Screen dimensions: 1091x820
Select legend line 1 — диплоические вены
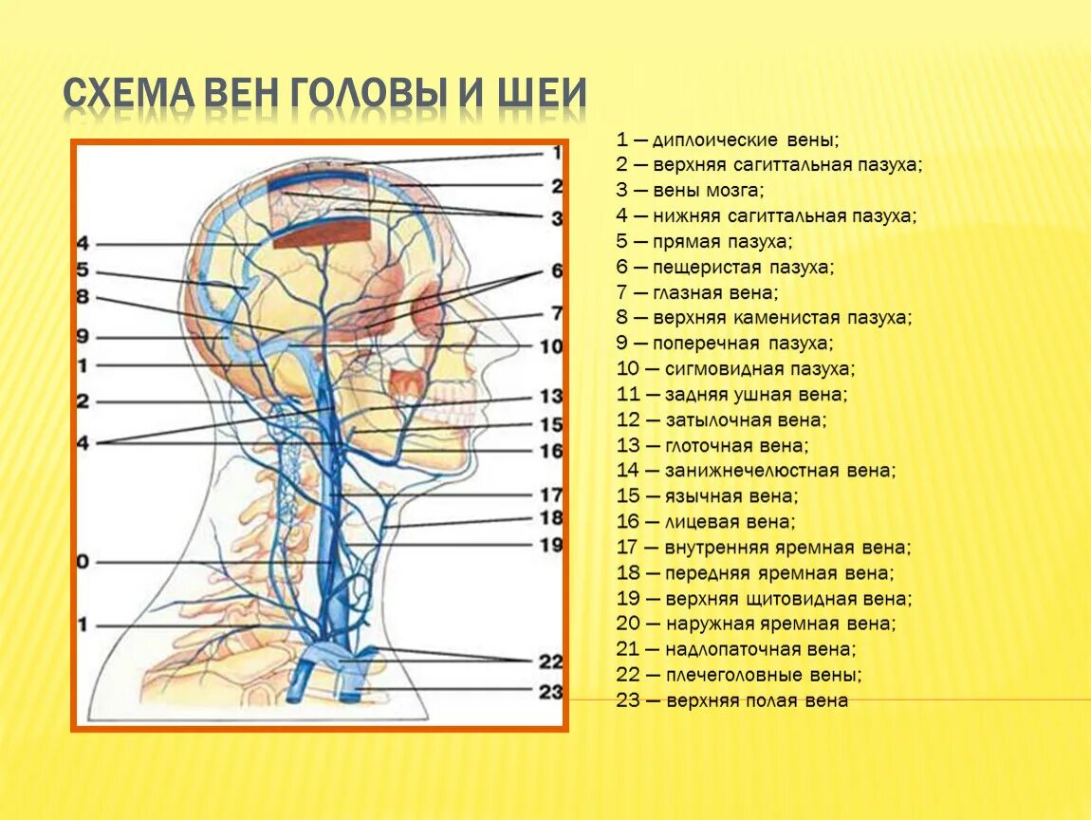[x=727, y=140]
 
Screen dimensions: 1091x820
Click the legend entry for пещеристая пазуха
[x=726, y=268]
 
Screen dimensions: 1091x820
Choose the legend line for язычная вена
[x=707, y=496]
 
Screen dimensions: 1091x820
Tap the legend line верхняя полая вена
[x=731, y=701]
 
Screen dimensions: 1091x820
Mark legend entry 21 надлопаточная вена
[x=736, y=650]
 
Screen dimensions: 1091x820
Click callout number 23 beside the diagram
[x=551, y=692]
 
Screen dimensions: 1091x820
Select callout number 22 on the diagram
[x=551, y=662]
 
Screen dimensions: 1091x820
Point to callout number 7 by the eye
[x=557, y=312]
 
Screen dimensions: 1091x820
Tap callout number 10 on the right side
[x=551, y=346]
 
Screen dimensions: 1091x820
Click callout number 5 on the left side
[x=83, y=270]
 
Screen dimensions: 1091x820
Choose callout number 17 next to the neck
[x=551, y=494]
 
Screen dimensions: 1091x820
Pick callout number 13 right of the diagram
[x=551, y=396]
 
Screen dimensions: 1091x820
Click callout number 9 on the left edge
[x=83, y=336]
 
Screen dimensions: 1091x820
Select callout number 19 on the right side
[x=551, y=545]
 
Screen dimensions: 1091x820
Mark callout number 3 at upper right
[x=557, y=218]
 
